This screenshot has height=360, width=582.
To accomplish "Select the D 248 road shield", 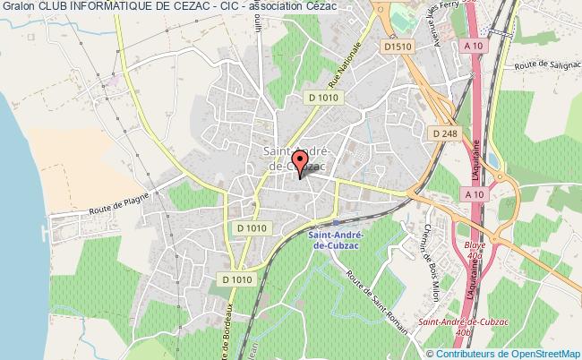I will pyautogui.click(x=438, y=133).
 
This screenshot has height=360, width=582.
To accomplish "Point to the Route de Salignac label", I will pyautogui.click(x=547, y=65).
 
